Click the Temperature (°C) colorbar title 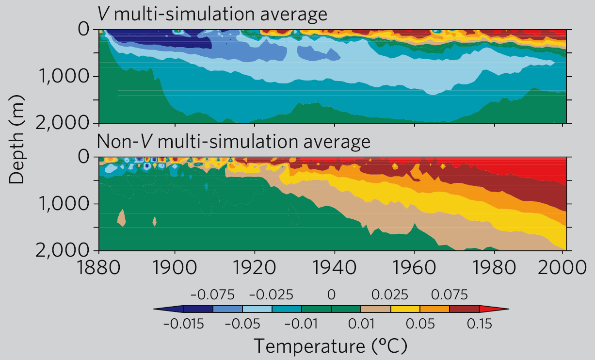(330, 346)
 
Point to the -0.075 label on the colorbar (212, 295)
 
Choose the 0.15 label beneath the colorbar (479, 324)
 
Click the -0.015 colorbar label (183, 324)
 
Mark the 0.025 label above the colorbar (390, 295)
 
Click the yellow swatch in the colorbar (405, 309)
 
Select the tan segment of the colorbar (375, 309)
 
